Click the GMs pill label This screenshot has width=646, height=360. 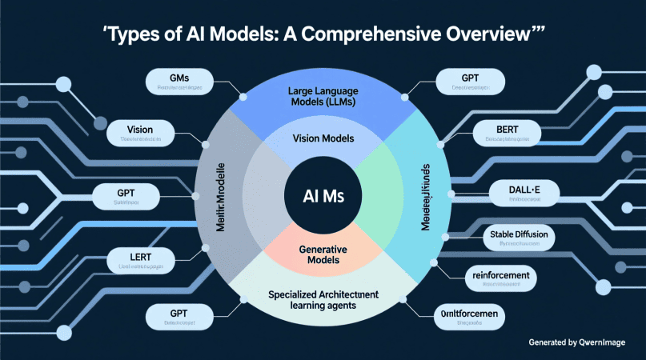(x=179, y=82)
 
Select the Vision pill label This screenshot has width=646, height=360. (x=140, y=134)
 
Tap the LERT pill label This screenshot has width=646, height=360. (x=141, y=261)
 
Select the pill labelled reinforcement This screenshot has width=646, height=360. (x=501, y=277)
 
